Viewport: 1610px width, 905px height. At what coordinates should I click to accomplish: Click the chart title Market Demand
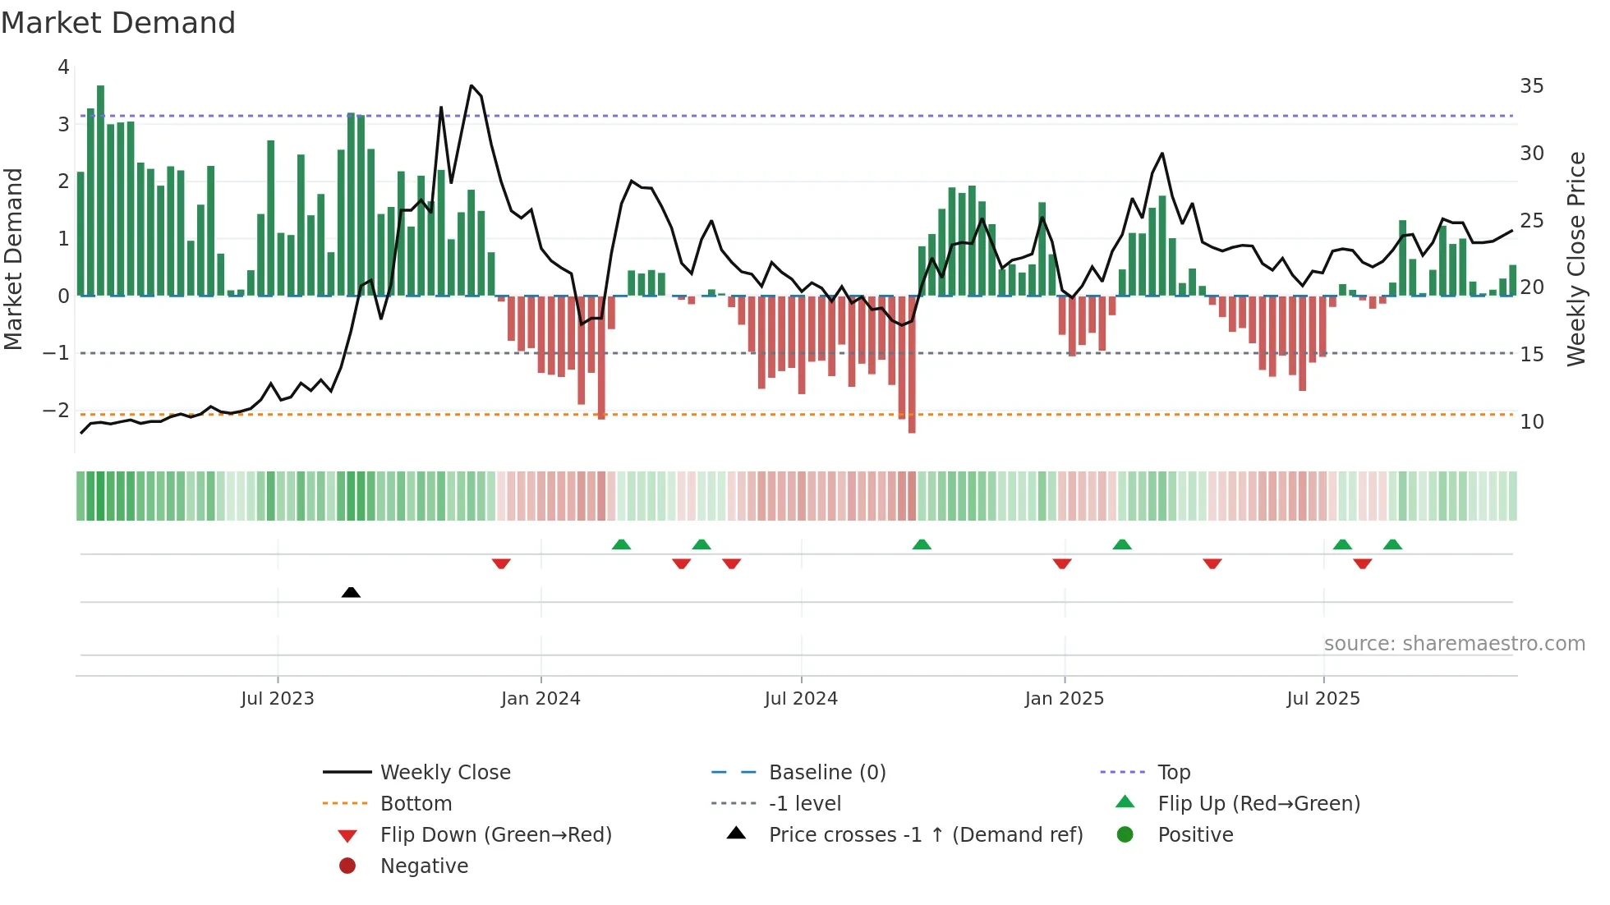click(x=118, y=23)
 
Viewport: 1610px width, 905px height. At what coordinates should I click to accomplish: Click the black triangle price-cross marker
click(x=351, y=592)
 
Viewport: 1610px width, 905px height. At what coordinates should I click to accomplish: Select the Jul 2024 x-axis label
click(x=801, y=699)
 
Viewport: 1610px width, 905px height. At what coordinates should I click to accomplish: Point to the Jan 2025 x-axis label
click(x=1065, y=699)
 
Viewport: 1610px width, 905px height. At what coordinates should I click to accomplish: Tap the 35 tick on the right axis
click(x=1531, y=86)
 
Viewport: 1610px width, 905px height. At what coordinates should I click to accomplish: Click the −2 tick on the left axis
click(x=57, y=410)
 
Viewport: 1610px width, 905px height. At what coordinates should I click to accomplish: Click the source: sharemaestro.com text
click(x=1454, y=644)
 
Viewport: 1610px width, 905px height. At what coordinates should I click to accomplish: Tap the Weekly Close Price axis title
click(x=1575, y=259)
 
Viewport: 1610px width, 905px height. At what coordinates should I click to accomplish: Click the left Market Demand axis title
click(x=13, y=259)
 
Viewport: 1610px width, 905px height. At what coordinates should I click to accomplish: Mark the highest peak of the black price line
click(x=471, y=85)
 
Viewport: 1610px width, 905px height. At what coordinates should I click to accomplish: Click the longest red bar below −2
click(x=912, y=365)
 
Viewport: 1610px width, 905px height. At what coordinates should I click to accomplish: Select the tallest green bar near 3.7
click(x=100, y=189)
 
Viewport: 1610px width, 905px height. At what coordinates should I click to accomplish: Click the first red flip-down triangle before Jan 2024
click(x=501, y=563)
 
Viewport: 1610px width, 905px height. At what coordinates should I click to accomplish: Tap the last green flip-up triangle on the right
click(x=1392, y=544)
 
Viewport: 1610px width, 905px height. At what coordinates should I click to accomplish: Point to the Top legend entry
click(x=1173, y=773)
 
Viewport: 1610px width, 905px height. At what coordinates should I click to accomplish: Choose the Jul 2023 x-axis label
click(x=278, y=699)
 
